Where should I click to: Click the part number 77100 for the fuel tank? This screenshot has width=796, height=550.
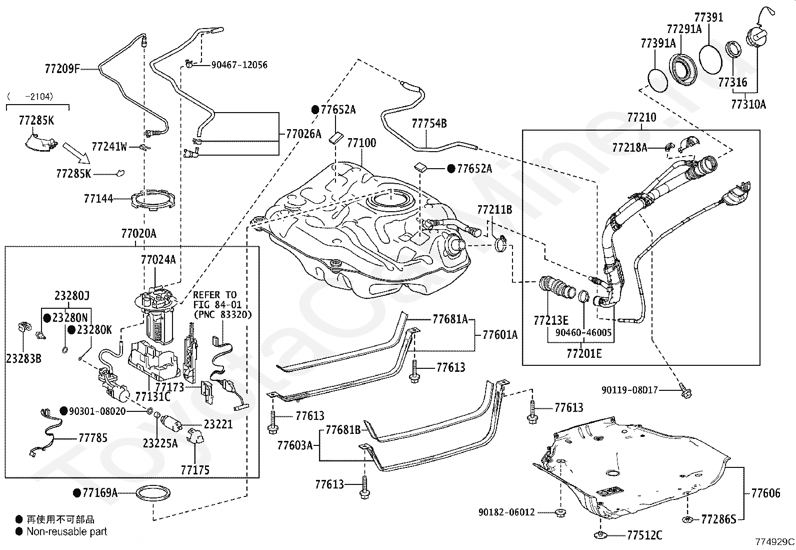(x=361, y=143)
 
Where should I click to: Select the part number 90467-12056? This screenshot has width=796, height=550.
(x=239, y=65)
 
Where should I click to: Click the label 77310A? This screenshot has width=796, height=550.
(x=748, y=104)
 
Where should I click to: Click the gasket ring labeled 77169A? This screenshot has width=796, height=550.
(x=152, y=493)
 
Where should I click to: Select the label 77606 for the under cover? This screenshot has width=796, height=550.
(x=765, y=493)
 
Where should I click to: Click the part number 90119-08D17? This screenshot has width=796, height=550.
(x=629, y=390)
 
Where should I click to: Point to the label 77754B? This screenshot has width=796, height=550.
(x=429, y=124)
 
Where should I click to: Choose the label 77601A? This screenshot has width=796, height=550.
(x=500, y=335)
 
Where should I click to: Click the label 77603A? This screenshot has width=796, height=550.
(x=295, y=445)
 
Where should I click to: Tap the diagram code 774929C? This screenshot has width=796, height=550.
(x=774, y=541)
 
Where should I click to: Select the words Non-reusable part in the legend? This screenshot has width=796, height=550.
(x=67, y=531)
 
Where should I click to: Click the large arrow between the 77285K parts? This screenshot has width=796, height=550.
(x=75, y=153)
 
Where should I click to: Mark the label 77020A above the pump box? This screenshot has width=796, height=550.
(x=138, y=234)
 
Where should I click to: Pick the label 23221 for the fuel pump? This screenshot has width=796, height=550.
(x=218, y=424)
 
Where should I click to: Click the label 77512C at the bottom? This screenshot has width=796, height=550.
(x=644, y=536)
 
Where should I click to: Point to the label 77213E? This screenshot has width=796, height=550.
(x=550, y=320)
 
